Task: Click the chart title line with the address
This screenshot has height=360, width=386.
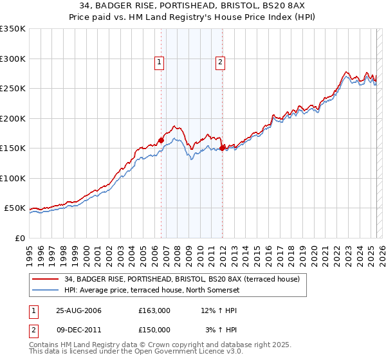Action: (x=193, y=5)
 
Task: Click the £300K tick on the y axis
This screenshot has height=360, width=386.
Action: (x=13, y=59)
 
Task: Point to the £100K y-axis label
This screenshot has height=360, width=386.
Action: (x=13, y=178)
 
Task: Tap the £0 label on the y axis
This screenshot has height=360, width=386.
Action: (x=19, y=238)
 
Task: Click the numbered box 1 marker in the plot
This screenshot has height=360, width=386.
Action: (x=159, y=62)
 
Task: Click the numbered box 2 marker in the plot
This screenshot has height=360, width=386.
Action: (x=220, y=62)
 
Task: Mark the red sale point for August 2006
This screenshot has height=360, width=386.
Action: (x=161, y=140)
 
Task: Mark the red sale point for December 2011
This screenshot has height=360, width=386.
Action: (x=222, y=148)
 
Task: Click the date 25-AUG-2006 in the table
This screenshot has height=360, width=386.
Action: (x=78, y=310)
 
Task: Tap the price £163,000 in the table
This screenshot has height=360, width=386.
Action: (x=154, y=310)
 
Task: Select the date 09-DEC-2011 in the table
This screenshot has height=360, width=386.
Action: (x=78, y=329)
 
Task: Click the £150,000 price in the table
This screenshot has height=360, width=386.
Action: (x=154, y=329)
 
